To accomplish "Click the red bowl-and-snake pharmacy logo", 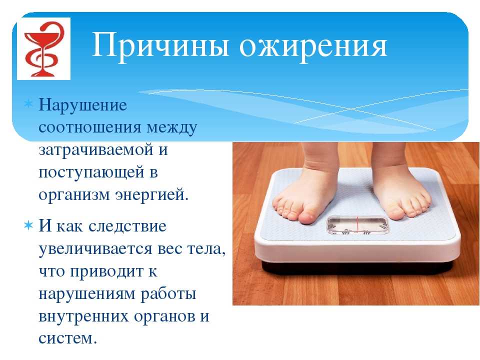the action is [x=44, y=49].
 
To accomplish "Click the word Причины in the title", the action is [x=160, y=46].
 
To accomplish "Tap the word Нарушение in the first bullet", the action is [x=82, y=105].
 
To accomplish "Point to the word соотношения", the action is [x=90, y=127].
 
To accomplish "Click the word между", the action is [x=171, y=128].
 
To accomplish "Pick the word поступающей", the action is [x=91, y=172].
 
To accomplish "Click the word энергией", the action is [x=152, y=195].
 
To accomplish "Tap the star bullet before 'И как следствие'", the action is [x=28, y=226].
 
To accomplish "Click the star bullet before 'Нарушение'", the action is [x=28, y=104].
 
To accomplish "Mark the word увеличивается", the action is [x=95, y=248].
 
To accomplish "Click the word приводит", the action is [x=106, y=271].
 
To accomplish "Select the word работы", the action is [x=168, y=294].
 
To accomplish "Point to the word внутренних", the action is [x=83, y=316].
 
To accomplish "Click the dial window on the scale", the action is [x=357, y=225].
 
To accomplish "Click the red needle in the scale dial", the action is [x=356, y=225].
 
